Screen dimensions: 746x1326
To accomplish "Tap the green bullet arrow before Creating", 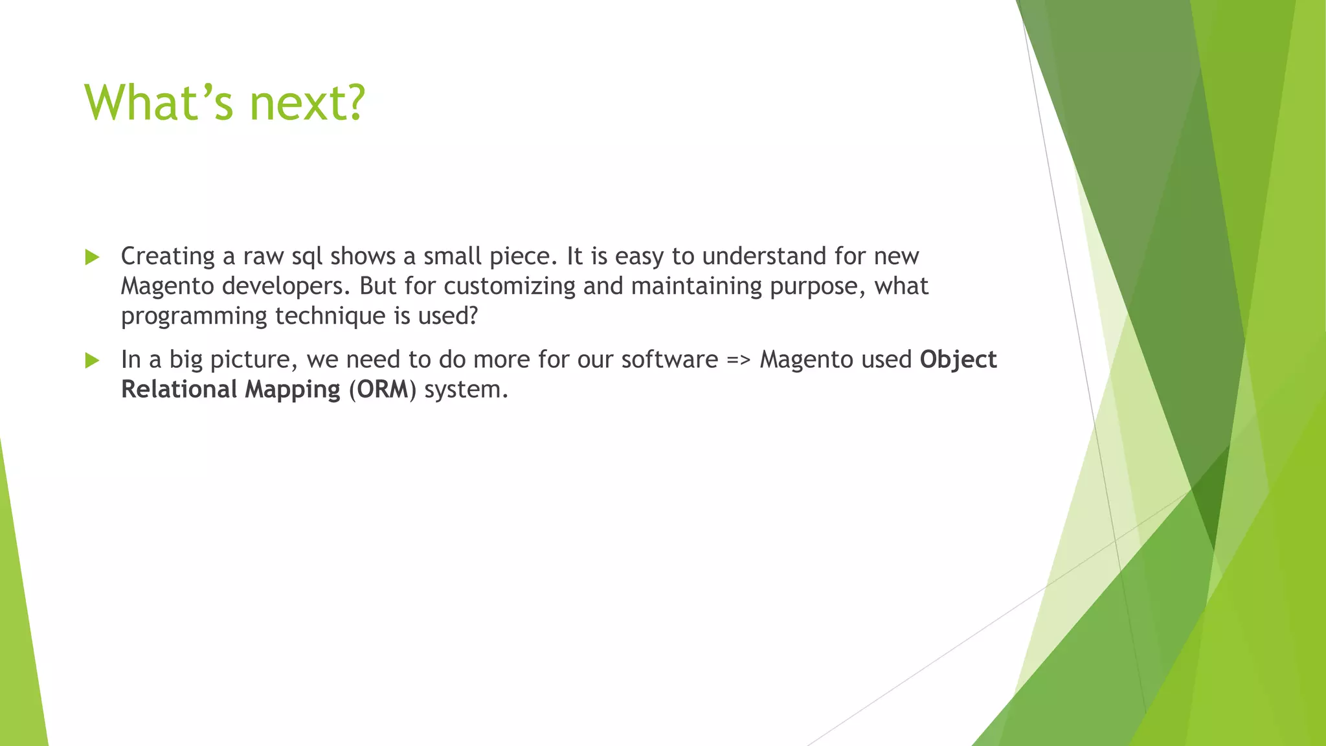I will [x=92, y=257].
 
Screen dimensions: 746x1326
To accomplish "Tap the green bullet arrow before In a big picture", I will [x=92, y=360].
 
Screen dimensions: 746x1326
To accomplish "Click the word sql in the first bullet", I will [x=307, y=256].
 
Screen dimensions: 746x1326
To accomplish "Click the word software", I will [x=669, y=359].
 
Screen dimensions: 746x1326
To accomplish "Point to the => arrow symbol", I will [x=739, y=360].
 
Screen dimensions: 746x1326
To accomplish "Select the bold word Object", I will [x=958, y=359].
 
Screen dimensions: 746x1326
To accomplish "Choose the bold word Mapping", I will [x=293, y=389].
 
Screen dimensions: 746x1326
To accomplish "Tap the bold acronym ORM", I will [x=383, y=389].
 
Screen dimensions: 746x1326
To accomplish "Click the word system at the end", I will [x=463, y=390].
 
